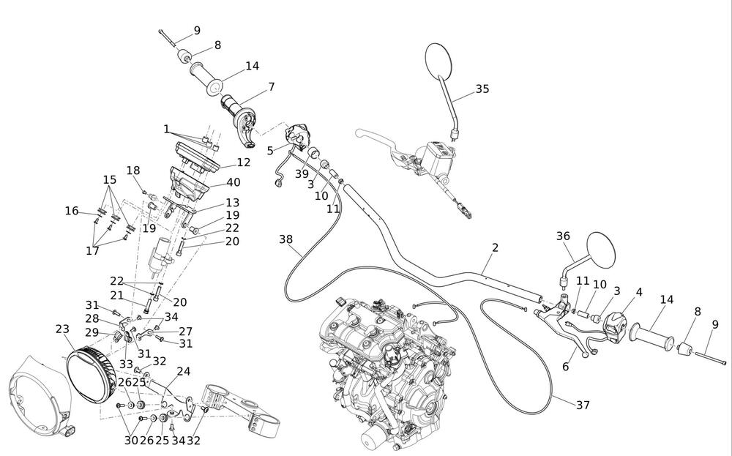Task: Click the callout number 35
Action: click(482, 89)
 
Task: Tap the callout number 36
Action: click(562, 236)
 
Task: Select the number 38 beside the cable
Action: click(286, 239)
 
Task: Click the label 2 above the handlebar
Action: click(495, 248)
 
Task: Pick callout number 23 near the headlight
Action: click(62, 329)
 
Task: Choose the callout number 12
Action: click(243, 162)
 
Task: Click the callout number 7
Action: click(272, 87)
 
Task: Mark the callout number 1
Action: click(167, 129)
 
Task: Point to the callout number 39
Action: click(302, 174)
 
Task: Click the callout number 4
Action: click(639, 291)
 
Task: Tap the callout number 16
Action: click(71, 211)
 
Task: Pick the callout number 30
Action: click(131, 440)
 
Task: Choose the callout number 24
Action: click(183, 371)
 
